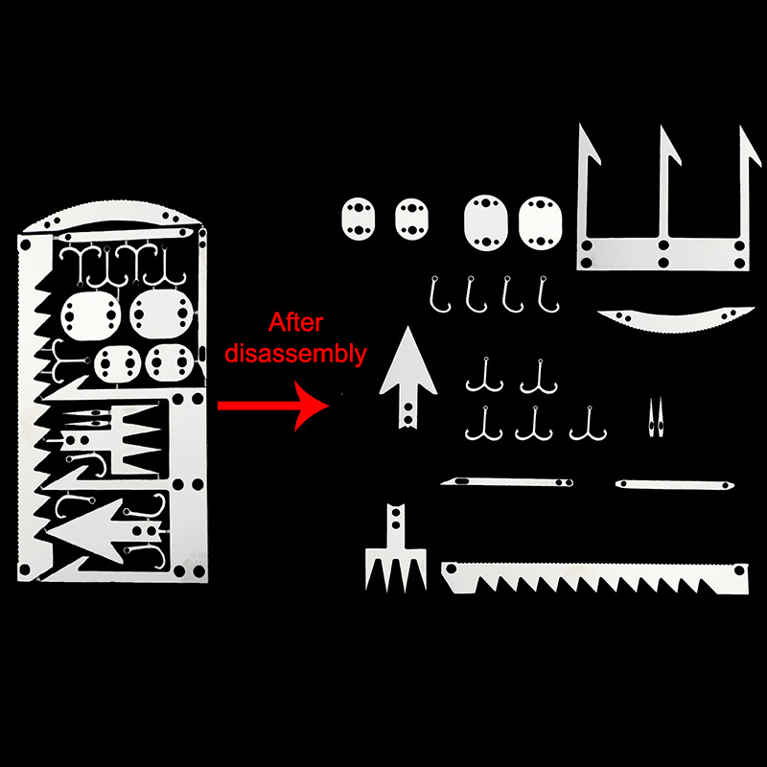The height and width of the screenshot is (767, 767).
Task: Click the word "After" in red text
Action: pyautogui.click(x=295, y=323)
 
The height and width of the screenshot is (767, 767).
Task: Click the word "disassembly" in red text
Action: pyautogui.click(x=295, y=354)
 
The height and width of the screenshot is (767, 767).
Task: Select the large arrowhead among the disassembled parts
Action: pyautogui.click(x=408, y=378)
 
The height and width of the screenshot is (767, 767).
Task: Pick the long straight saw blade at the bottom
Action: pyautogui.click(x=594, y=578)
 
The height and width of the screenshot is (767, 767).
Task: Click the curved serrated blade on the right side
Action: pyautogui.click(x=676, y=320)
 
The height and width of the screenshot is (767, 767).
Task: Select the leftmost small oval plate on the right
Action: pyautogui.click(x=359, y=219)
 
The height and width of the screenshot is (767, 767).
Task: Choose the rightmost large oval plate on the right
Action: pyautogui.click(x=540, y=222)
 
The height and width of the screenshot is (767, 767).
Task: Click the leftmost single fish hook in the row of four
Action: pyautogui.click(x=439, y=294)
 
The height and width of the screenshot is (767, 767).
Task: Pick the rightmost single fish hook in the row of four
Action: pyautogui.click(x=547, y=294)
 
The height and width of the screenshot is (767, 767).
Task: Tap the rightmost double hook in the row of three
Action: pyautogui.click(x=589, y=425)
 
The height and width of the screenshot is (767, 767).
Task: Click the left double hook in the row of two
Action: pyautogui.click(x=484, y=377)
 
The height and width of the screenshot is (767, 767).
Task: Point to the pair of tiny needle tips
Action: pyautogui.click(x=656, y=418)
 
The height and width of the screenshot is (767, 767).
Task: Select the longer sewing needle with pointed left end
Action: pyautogui.click(x=507, y=482)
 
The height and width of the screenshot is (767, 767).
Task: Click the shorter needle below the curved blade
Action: pyautogui.click(x=675, y=485)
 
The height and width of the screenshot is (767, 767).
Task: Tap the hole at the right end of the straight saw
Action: pyautogui.click(x=739, y=570)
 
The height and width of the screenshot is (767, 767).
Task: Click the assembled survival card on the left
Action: pyautogui.click(x=112, y=391)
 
